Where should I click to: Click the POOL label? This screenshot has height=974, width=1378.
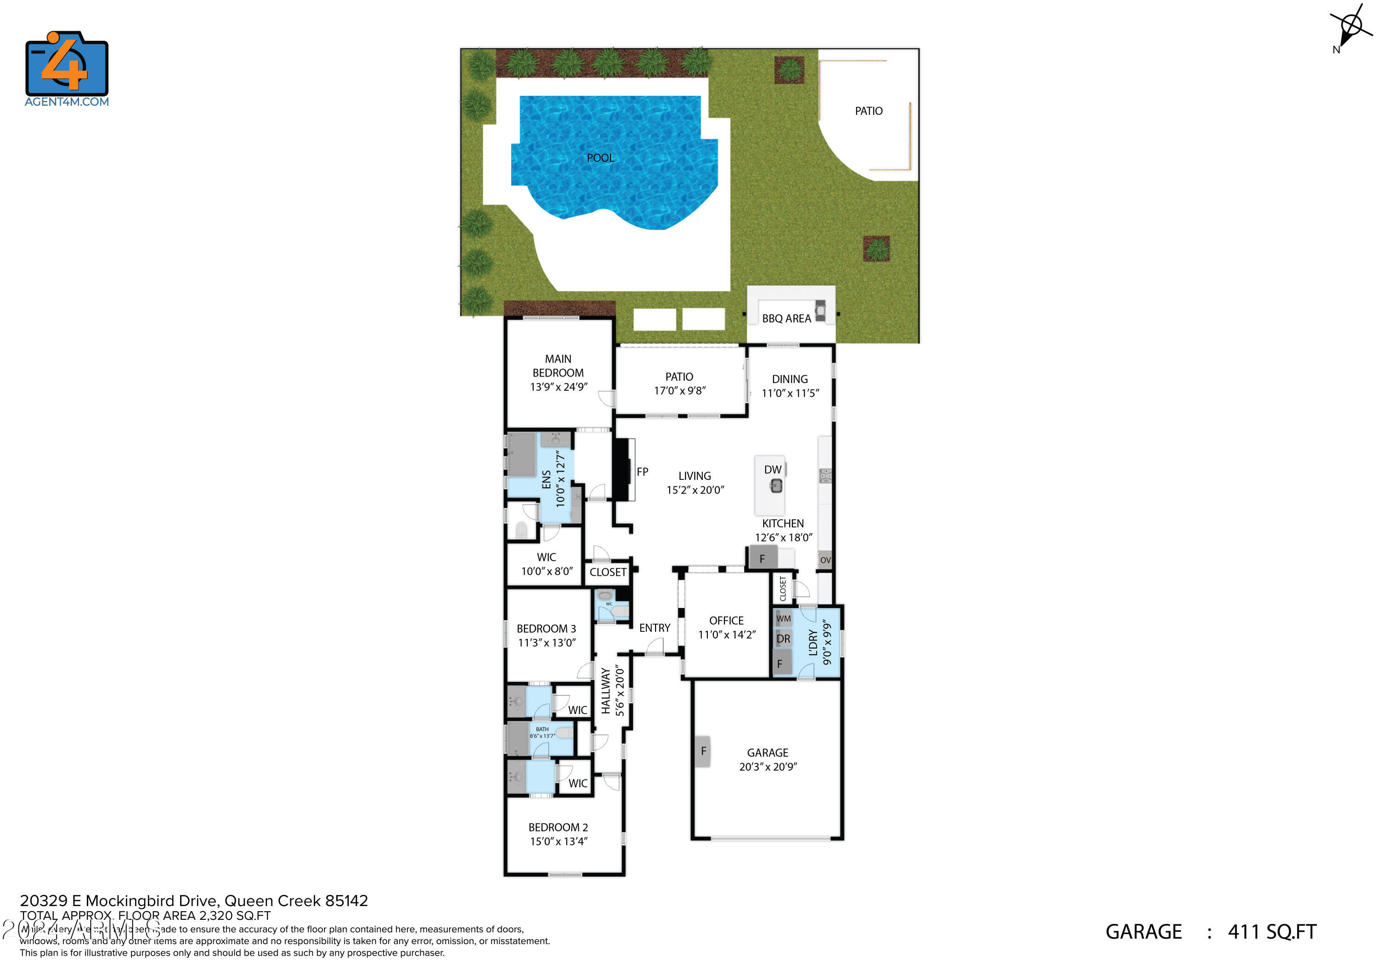pyautogui.click(x=600, y=158)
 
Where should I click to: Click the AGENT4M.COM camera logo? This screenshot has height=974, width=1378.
pyautogui.click(x=67, y=64)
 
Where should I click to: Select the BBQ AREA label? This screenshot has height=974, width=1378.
pyautogui.click(x=786, y=319)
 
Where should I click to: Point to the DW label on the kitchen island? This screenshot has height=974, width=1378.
pyautogui.click(x=773, y=470)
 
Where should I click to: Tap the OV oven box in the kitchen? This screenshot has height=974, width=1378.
pyautogui.click(x=825, y=560)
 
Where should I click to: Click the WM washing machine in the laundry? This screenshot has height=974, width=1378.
pyautogui.click(x=783, y=619)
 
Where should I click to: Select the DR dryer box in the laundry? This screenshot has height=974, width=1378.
pyautogui.click(x=783, y=638)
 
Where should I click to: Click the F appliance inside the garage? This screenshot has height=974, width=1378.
pyautogui.click(x=703, y=751)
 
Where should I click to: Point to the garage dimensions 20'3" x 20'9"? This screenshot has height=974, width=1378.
pyautogui.click(x=768, y=767)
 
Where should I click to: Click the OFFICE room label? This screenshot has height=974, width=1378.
pyautogui.click(x=726, y=620)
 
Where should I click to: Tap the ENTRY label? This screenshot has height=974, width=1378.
pyautogui.click(x=654, y=628)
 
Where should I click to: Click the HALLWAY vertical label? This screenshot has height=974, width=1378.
pyautogui.click(x=605, y=691)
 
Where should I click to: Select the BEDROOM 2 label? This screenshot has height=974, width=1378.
pyautogui.click(x=558, y=827)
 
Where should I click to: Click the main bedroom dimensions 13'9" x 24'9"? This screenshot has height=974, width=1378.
pyautogui.click(x=558, y=387)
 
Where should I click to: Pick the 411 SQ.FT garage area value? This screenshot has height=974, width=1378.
pyautogui.click(x=1272, y=932)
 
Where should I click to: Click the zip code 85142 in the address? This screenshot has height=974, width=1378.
pyautogui.click(x=346, y=901)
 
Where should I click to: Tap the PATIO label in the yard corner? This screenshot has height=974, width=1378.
pyautogui.click(x=869, y=111)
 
